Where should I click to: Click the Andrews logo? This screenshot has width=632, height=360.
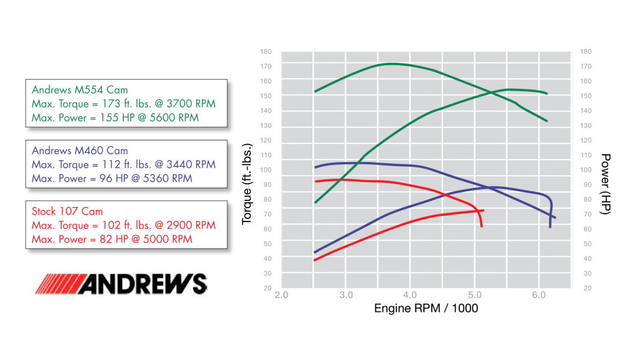coord(121,284)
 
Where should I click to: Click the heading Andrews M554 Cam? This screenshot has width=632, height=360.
coord(80,90)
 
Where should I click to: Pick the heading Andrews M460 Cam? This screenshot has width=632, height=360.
coord(80,151)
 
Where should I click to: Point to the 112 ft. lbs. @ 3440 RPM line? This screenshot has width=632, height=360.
coord(123,164)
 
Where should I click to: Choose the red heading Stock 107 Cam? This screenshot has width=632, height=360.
coord(67,211)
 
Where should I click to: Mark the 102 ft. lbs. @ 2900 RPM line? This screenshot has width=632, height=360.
coord(123,226)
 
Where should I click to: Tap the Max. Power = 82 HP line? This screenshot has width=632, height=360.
coord(112,239)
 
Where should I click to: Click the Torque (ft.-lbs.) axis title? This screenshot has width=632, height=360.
coord(247,184)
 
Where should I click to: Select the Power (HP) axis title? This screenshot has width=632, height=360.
coord(606,184)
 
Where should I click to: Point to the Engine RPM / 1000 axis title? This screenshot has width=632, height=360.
coord(426,308)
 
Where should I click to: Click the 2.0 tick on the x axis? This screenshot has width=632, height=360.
coord(281,295)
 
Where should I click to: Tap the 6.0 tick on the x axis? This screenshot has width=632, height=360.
coord(538,295)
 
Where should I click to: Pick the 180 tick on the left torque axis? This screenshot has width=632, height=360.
coord(266,52)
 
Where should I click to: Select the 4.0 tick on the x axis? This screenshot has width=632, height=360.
coord(410,295)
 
